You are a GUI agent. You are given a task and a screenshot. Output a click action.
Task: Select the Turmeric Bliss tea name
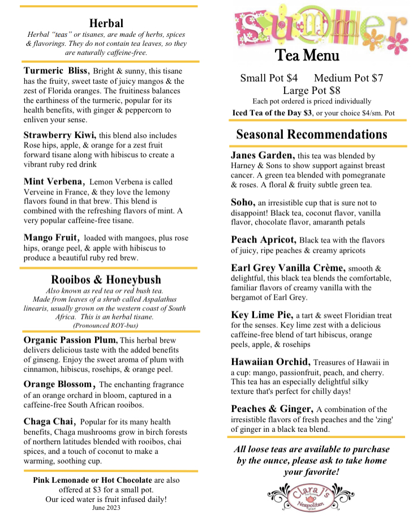point(56,71)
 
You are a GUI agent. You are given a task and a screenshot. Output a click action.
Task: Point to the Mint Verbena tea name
point(54,182)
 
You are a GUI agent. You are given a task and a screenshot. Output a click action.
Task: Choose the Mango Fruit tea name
point(51,238)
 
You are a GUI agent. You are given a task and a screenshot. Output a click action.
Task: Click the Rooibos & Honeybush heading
point(106,279)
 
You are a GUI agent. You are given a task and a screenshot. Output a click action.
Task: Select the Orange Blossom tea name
point(58,385)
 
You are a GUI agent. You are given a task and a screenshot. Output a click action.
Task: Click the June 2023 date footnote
point(106,508)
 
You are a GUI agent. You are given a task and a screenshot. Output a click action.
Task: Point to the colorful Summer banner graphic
point(320,25)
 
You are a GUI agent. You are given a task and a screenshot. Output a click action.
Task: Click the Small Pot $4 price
point(269,78)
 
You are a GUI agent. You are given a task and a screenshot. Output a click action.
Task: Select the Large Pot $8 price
point(312,90)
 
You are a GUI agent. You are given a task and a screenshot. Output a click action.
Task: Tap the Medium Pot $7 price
point(349,78)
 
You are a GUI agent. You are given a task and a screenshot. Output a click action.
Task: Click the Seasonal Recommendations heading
point(312,135)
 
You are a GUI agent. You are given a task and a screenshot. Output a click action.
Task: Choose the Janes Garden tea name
point(263,155)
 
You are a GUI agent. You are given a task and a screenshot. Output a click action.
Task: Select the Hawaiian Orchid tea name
point(270,362)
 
